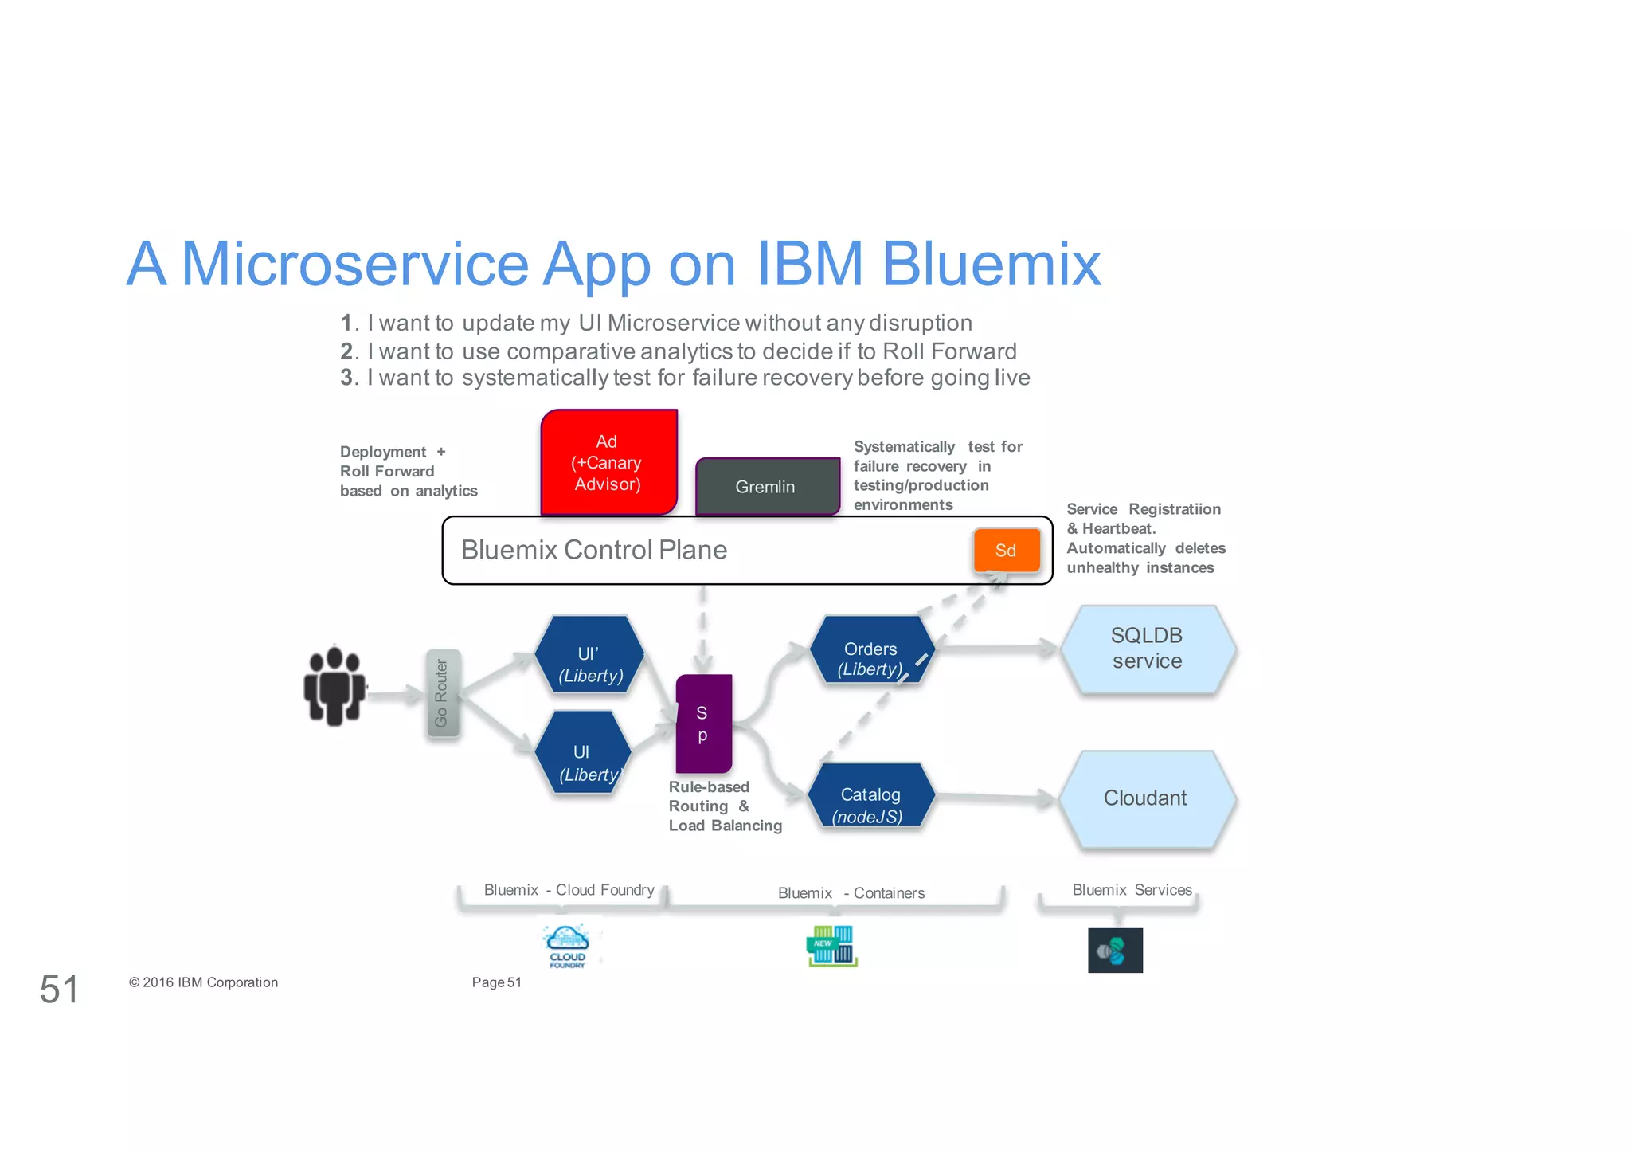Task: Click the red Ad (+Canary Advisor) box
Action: point(608,462)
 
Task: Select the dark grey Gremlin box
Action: point(767,486)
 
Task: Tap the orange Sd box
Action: point(1006,550)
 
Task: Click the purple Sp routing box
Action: point(702,724)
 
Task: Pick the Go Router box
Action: point(442,693)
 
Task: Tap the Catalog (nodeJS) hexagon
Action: point(870,797)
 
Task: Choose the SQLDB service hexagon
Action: point(1147,649)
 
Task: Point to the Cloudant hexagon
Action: point(1145,798)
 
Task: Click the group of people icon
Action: point(334,685)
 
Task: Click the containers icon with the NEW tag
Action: point(831,946)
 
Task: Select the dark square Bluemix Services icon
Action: point(1115,950)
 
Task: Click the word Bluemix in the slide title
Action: point(991,265)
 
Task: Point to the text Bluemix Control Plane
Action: point(594,550)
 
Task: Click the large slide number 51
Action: point(59,989)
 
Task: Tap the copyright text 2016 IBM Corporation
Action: point(204,982)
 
